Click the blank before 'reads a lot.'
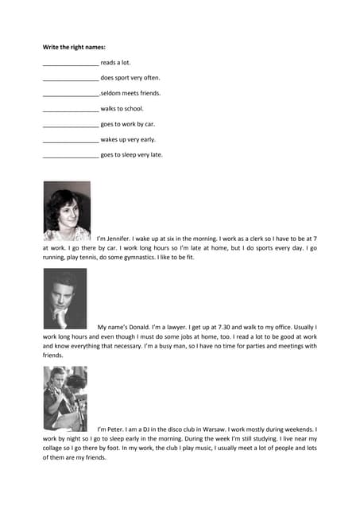[71, 63]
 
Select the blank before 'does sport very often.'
[71, 79]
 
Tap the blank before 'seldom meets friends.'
[71, 94]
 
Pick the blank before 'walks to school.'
[71, 109]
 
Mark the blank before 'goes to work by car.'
[71, 125]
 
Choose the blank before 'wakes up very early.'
[71, 140]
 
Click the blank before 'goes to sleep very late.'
[71, 155]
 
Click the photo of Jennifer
[67, 211]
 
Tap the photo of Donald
[65, 298]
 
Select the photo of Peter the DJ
[65, 398]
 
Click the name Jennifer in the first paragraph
[126, 238]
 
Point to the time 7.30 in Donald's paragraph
[237, 327]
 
